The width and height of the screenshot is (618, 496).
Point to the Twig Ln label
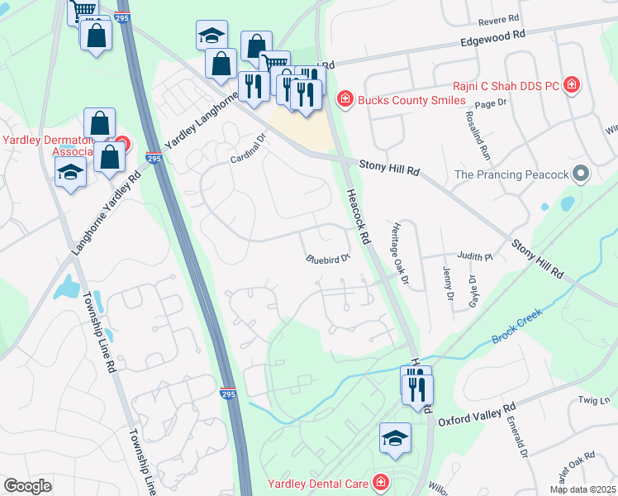pyautogui.click(x=592, y=399)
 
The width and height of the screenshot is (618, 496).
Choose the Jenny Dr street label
pyautogui.click(x=449, y=284)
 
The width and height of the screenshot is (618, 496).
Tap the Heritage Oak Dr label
pyautogui.click(x=401, y=253)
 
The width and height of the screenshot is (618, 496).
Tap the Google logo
pyautogui.click(x=27, y=486)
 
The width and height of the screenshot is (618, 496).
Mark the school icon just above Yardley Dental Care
pyautogui.click(x=395, y=437)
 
